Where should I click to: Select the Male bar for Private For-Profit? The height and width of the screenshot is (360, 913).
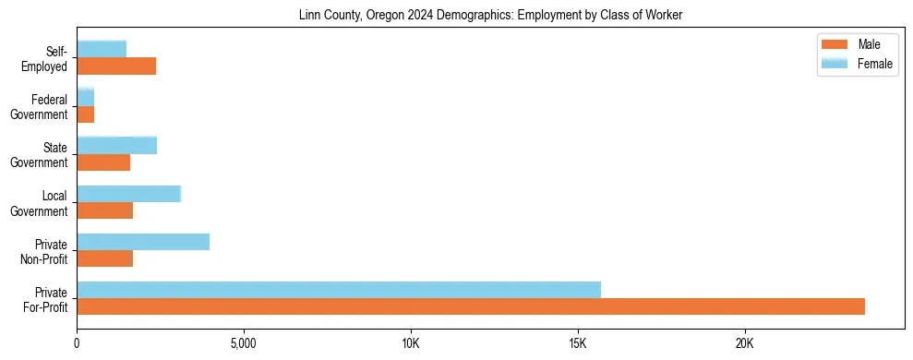pyautogui.click(x=471, y=306)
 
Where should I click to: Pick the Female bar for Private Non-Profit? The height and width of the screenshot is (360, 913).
pyautogui.click(x=143, y=242)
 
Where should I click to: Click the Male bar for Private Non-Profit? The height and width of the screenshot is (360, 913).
pyautogui.click(x=105, y=258)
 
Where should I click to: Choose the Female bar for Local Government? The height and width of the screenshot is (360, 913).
pyautogui.click(x=129, y=194)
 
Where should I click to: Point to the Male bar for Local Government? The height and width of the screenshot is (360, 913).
pyautogui.click(x=105, y=210)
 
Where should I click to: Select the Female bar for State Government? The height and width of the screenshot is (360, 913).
pyautogui.click(x=117, y=145)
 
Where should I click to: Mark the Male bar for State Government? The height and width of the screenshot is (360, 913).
pyautogui.click(x=103, y=162)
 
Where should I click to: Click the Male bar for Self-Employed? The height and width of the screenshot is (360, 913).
pyautogui.click(x=116, y=66)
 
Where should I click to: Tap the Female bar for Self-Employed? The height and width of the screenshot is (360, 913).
pyautogui.click(x=102, y=49)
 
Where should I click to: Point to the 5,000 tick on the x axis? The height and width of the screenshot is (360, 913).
pyautogui.click(x=244, y=344)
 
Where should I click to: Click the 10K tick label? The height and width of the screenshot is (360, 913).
pyautogui.click(x=411, y=344)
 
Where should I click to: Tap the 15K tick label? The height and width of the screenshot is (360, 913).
pyautogui.click(x=578, y=344)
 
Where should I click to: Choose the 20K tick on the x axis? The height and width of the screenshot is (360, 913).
pyautogui.click(x=744, y=344)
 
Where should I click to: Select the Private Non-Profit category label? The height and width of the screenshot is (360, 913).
pyautogui.click(x=45, y=251)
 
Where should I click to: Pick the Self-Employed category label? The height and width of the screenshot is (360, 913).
pyautogui.click(x=45, y=59)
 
